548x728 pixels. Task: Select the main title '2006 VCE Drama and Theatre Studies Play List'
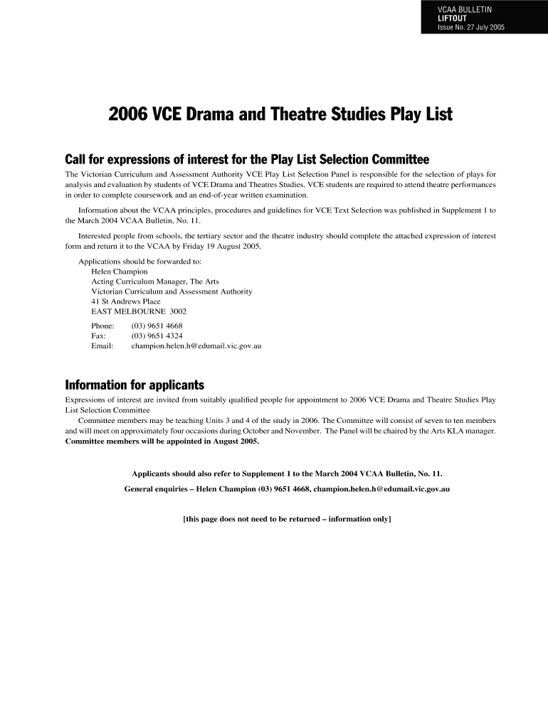coord(280,114)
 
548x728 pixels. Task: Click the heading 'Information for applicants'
coord(135,385)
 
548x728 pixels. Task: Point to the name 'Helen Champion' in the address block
coord(120,272)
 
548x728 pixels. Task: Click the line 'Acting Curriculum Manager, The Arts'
coord(155,282)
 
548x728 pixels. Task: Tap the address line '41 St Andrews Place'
coord(126,301)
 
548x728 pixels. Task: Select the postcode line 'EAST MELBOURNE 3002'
coord(139,311)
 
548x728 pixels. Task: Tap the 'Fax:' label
coord(99,336)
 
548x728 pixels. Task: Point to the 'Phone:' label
coord(103,326)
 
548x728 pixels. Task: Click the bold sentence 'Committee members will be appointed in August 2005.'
coord(162,441)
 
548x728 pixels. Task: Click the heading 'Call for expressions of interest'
coord(248,158)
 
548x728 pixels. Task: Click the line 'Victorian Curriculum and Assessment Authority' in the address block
coord(172,291)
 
